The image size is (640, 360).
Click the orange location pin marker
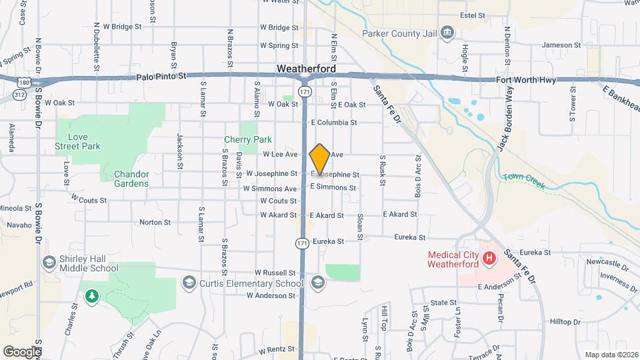click(320, 159)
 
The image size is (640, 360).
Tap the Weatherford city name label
click(306, 69)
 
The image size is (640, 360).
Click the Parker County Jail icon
click(447, 33)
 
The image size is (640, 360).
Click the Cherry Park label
click(248, 140)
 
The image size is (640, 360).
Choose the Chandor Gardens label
click(131, 178)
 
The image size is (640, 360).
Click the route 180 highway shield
click(24, 82)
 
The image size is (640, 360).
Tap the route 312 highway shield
click(19, 95)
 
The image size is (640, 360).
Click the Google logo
click(22, 351)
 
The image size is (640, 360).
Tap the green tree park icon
click(91, 295)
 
